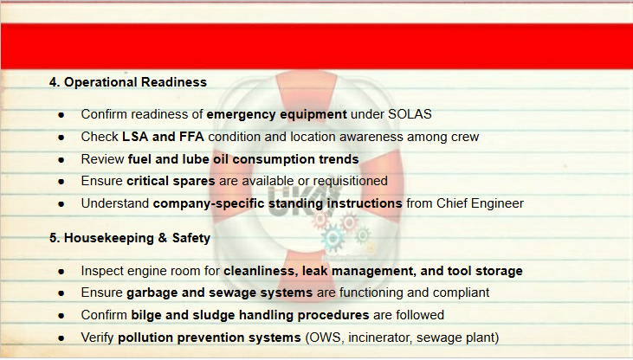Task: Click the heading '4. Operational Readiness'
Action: [128, 82]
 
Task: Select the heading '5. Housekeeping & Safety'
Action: [130, 238]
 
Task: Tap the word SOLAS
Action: [410, 114]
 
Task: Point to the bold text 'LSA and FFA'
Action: [163, 137]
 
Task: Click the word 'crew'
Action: [465, 138]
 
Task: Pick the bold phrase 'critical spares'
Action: [171, 181]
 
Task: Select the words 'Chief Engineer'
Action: [480, 203]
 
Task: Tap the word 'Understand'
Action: [115, 203]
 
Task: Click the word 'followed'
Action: [420, 315]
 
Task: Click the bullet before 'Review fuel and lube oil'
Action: [61, 160]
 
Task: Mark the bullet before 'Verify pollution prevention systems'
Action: [61, 338]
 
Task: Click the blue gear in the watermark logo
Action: [333, 238]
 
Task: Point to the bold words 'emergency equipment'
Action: [276, 114]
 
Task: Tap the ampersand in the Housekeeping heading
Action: [162, 238]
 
